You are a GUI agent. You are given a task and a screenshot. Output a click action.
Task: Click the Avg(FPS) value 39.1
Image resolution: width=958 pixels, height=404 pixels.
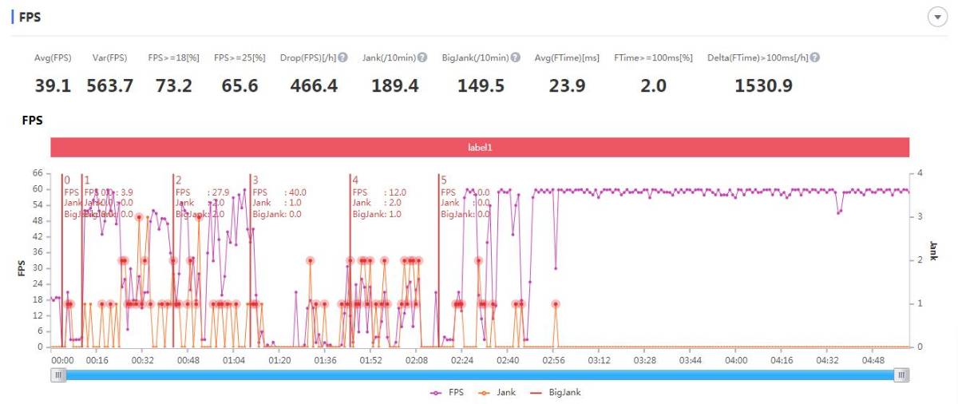tap(53, 85)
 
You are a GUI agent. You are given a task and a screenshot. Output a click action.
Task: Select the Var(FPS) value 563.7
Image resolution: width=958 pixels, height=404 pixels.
tap(110, 85)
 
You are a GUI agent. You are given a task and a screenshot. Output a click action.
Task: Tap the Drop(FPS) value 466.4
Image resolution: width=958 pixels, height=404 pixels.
tap(314, 85)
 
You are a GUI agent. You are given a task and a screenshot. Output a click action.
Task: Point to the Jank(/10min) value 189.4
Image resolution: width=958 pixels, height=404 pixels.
tap(395, 85)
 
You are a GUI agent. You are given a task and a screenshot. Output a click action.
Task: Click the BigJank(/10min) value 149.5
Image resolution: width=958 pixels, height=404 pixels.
tap(481, 85)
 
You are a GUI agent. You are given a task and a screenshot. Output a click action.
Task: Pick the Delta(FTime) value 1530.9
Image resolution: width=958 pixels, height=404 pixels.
tap(763, 85)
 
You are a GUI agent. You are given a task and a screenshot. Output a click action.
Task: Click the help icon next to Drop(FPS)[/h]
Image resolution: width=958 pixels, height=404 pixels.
tap(342, 57)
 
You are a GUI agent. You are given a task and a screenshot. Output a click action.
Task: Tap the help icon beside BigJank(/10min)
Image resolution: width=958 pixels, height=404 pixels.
tap(516, 57)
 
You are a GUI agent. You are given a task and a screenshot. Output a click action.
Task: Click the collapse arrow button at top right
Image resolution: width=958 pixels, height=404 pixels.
tap(937, 18)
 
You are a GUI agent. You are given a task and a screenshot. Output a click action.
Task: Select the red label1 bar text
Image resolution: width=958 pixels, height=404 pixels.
tap(480, 148)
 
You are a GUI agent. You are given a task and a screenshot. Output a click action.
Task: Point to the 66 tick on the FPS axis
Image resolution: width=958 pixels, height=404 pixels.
tap(37, 172)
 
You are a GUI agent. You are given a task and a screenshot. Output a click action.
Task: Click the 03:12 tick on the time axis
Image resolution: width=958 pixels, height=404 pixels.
tap(599, 361)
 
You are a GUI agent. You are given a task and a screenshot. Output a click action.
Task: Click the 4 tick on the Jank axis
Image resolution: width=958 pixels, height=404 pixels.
tap(920, 172)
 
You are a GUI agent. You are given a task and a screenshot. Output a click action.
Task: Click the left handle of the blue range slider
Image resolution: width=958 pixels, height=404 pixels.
tap(58, 375)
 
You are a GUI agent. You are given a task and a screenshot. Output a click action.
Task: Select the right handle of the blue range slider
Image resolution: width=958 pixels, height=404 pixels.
tap(901, 375)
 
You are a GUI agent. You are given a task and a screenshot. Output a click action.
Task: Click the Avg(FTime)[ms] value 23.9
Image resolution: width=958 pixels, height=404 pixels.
tap(568, 85)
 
